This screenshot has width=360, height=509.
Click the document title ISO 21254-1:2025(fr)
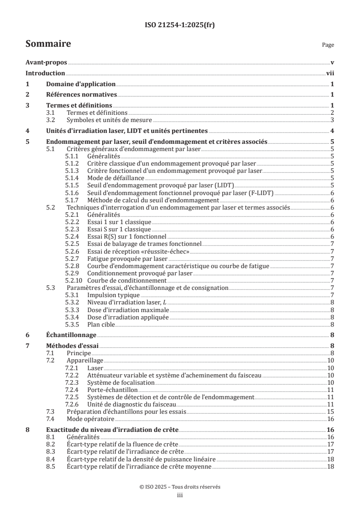tap(180, 25)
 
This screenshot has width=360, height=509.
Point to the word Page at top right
tap(327, 45)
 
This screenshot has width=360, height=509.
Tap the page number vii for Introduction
tap(330, 73)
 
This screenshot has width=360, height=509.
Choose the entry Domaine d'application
tap(81, 84)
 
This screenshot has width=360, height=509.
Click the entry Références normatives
tap(82, 94)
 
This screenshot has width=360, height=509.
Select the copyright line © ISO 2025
tap(180, 487)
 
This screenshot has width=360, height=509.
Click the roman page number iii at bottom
tap(180, 495)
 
